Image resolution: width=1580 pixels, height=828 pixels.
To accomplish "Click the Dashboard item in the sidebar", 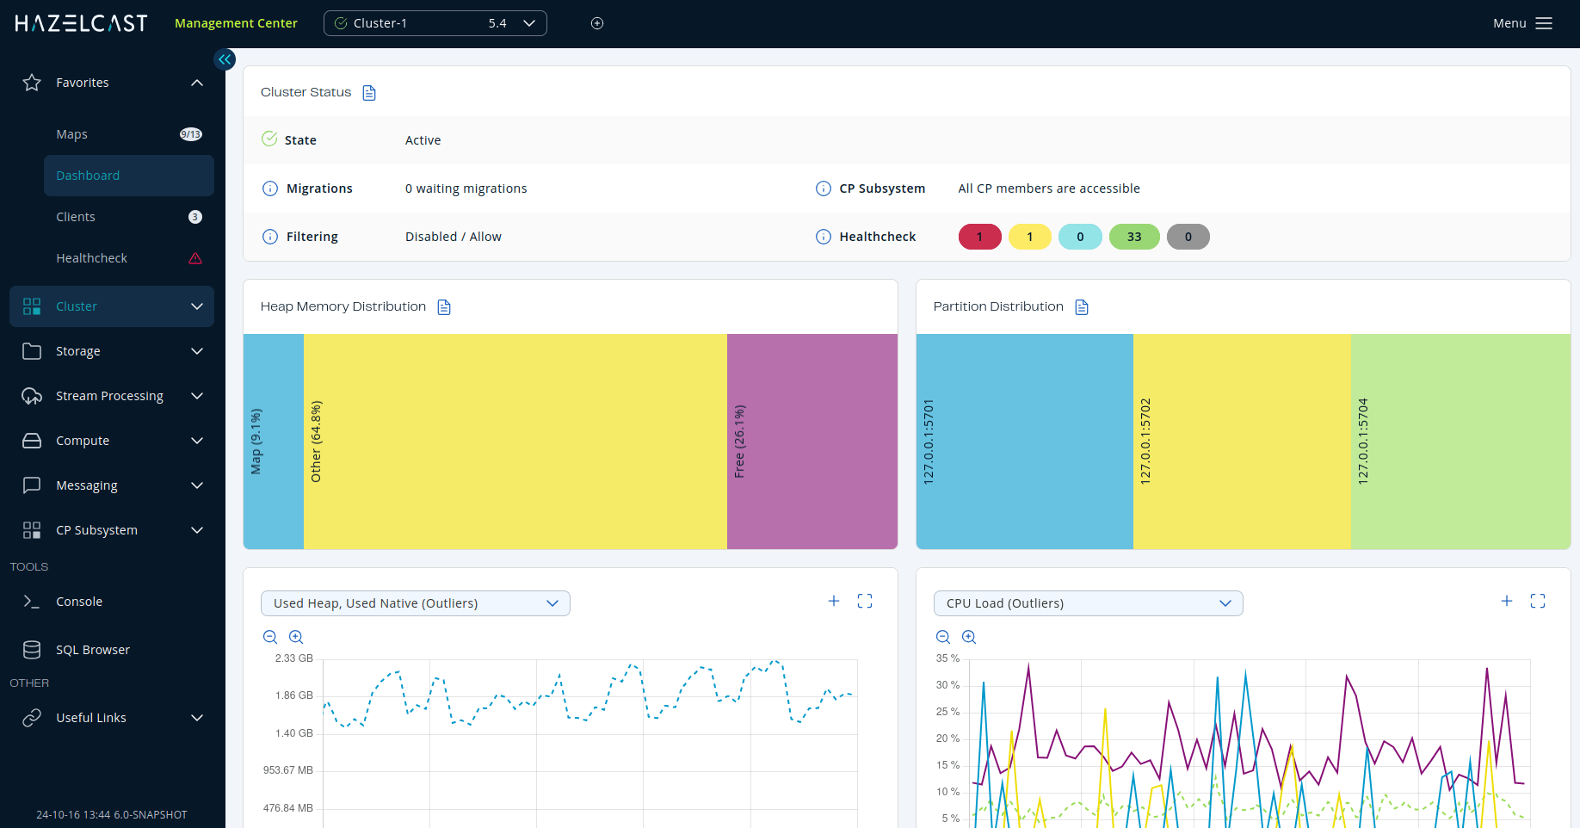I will [88, 176].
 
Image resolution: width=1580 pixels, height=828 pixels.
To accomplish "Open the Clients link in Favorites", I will [76, 217].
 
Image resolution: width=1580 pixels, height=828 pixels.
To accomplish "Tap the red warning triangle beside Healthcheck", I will [195, 258].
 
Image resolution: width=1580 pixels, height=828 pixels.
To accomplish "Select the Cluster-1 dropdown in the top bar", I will [435, 23].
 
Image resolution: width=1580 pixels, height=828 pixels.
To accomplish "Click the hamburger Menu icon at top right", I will [1544, 23].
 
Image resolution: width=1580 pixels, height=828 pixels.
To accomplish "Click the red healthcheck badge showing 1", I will [979, 237].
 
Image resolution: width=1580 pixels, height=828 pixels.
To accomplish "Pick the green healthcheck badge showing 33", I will [1134, 237].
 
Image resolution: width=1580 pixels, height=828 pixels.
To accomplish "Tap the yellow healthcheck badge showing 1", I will [1029, 237].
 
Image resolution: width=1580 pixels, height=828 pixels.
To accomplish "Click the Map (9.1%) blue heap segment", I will [273, 441].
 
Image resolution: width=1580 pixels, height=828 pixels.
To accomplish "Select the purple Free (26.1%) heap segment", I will [812, 441].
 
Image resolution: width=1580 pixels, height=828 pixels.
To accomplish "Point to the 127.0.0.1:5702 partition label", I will [1145, 441].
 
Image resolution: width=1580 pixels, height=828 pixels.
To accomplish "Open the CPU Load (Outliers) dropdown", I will [1088, 603].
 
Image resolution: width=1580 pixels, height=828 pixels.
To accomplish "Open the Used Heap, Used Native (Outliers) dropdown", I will [415, 603].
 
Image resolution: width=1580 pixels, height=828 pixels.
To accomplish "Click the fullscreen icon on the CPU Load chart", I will [1538, 602].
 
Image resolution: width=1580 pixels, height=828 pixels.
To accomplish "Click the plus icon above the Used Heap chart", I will [833, 601].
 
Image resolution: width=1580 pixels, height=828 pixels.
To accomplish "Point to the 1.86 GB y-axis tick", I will [294, 695].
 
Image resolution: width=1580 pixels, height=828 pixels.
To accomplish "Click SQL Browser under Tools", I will [92, 650].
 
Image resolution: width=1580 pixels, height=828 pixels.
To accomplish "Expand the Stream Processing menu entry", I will [109, 396].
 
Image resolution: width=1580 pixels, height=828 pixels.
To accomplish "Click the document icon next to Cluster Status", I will [369, 93].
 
